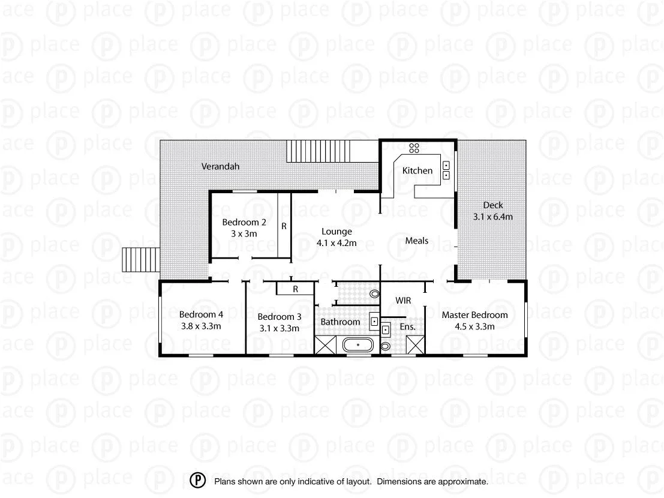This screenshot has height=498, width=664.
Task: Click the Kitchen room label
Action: click(x=417, y=170)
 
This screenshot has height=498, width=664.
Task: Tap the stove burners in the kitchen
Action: click(x=414, y=147)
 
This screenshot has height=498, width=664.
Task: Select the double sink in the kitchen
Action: click(x=447, y=170)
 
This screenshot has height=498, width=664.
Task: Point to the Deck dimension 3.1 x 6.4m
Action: click(x=492, y=217)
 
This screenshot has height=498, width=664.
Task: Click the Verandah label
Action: click(x=220, y=166)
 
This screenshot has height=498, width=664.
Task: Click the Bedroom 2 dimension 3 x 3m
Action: click(x=244, y=233)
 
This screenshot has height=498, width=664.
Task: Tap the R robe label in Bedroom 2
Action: click(x=284, y=227)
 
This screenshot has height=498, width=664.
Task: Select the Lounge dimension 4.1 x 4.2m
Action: click(x=336, y=243)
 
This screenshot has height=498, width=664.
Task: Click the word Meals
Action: click(x=417, y=241)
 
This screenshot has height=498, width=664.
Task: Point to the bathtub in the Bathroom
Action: click(x=357, y=346)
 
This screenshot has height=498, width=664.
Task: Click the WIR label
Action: click(x=402, y=299)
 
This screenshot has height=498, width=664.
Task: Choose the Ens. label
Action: click(x=408, y=327)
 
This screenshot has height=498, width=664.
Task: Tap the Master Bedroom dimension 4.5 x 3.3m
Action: click(x=474, y=326)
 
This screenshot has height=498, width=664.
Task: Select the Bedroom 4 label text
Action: click(x=202, y=314)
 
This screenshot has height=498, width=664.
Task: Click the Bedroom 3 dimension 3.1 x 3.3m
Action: click(x=279, y=328)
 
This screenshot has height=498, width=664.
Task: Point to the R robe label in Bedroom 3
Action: click(x=295, y=289)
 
